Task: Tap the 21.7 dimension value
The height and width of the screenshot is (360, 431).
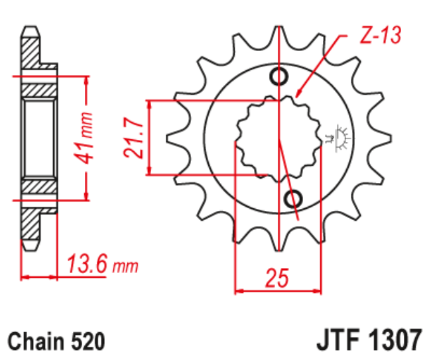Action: point(135,138)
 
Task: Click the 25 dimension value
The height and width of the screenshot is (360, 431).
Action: point(279,278)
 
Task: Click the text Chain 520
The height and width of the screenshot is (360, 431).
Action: point(56,341)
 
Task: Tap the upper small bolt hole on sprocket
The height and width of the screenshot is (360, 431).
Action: point(278,76)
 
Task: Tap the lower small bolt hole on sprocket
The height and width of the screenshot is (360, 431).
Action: point(292,198)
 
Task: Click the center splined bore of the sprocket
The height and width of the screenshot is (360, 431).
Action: point(279,138)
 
